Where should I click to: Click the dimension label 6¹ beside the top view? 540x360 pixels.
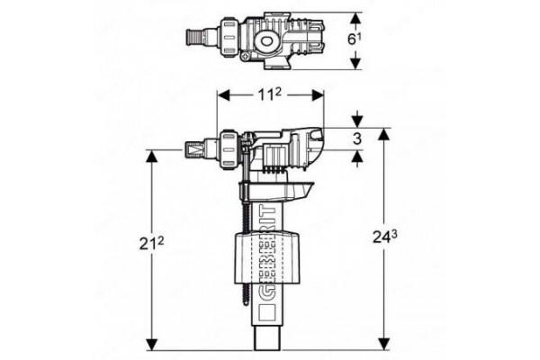(x=355, y=40)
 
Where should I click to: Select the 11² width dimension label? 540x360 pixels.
(x=270, y=94)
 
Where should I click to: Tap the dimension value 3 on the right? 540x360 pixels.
(x=357, y=139)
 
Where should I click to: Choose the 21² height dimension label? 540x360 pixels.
(x=152, y=244)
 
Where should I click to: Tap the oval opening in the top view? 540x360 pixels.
(x=266, y=41)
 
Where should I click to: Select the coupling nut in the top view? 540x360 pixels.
(x=228, y=37)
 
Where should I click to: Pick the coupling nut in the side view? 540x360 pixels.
(x=228, y=150)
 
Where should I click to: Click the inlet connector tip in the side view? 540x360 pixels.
(x=193, y=150)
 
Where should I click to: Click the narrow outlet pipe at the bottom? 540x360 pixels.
(x=267, y=337)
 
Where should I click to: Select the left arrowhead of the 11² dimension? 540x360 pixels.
(x=224, y=94)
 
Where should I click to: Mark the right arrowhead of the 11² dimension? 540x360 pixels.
(x=317, y=94)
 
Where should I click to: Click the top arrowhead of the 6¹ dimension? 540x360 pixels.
(x=355, y=19)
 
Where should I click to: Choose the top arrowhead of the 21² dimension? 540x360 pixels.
(x=152, y=157)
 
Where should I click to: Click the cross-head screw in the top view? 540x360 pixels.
(x=246, y=56)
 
